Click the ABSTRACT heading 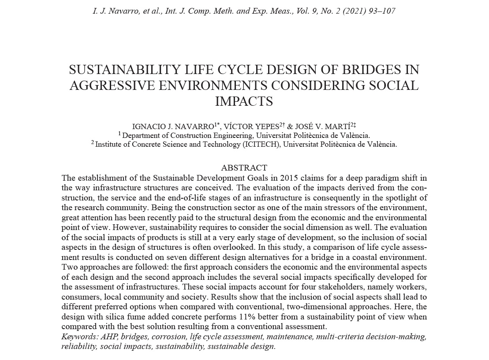click(x=244, y=168)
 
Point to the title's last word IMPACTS click(x=244, y=101)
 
